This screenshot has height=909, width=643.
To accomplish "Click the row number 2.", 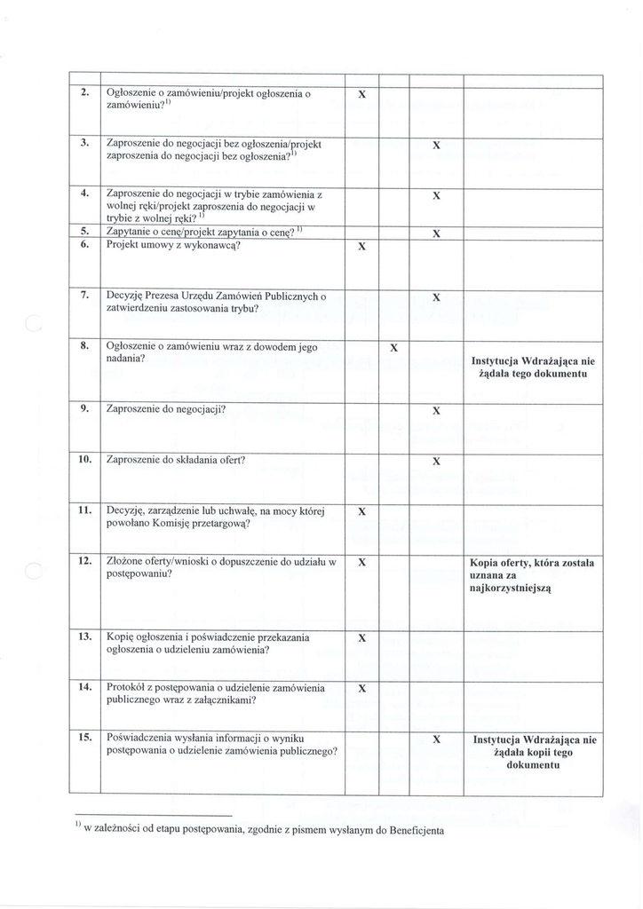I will click(x=84, y=92).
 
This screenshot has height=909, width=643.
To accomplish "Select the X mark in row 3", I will click(x=436, y=144).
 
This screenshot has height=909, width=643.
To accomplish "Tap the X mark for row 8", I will click(x=393, y=347).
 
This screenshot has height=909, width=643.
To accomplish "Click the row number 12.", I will click(x=85, y=561).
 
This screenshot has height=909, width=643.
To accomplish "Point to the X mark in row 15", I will click(x=436, y=739).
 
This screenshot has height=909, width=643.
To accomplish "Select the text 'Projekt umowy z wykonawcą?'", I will click(x=173, y=245).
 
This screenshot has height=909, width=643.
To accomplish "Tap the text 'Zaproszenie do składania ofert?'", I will click(x=175, y=460).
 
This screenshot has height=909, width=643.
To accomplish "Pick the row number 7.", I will click(x=84, y=295).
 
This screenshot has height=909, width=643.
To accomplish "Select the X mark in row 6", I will click(x=361, y=247).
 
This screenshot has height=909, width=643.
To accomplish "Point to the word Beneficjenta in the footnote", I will click(x=409, y=831).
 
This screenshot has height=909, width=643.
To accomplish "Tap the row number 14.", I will click(x=85, y=688).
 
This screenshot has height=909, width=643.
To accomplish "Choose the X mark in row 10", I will click(x=436, y=462).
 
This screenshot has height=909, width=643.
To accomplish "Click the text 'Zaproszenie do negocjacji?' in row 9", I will click(x=165, y=409).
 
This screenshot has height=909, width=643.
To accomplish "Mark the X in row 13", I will click(x=361, y=638).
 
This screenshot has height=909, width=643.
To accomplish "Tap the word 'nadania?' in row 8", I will click(x=125, y=360).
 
